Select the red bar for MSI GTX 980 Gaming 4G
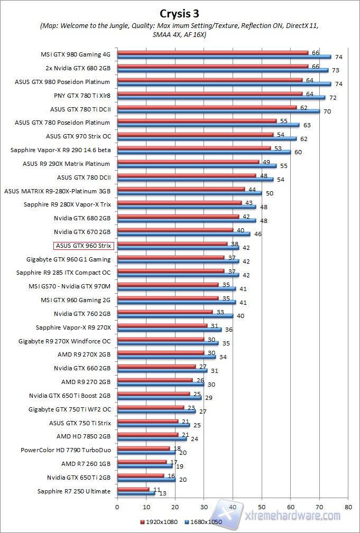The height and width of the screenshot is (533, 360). click(213, 53)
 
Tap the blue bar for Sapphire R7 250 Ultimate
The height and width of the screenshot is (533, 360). click(136, 493)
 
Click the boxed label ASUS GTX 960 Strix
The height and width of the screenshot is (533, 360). click(84, 246)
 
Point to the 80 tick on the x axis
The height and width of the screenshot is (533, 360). click(347, 506)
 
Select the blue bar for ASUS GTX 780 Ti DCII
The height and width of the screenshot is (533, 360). click(218, 111)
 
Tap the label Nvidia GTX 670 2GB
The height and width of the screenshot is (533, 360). click(82, 232)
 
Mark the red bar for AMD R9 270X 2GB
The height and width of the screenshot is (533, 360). click(161, 352)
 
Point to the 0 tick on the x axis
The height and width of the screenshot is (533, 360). click(117, 506)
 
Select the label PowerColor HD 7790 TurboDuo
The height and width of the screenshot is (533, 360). click(66, 450)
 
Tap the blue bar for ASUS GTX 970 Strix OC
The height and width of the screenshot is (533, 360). click(207, 138)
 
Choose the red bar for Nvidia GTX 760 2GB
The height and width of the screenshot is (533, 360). click(165, 312)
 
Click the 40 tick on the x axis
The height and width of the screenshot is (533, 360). click(233, 506)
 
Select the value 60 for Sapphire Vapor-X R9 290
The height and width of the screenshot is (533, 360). click(298, 152)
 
